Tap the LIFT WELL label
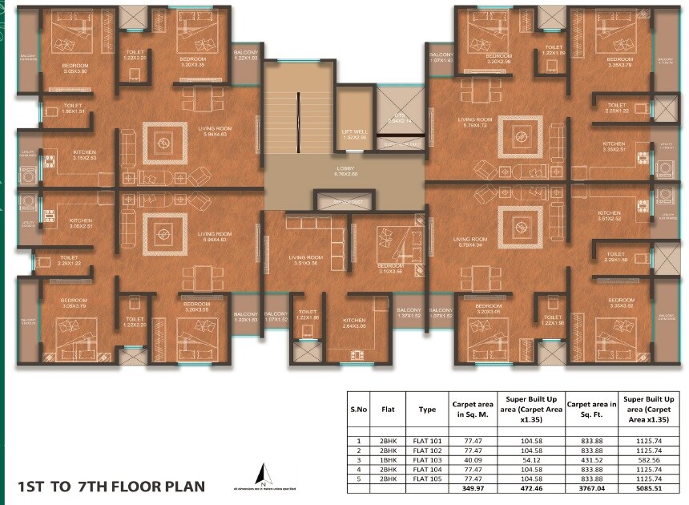coord(353,134)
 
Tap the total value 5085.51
coord(651,488)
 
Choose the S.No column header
coord(358,409)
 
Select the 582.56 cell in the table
coord(651,460)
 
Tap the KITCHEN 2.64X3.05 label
coord(355,322)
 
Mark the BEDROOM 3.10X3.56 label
coord(390,269)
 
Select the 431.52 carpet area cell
coord(593,460)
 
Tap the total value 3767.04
coord(593,488)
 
